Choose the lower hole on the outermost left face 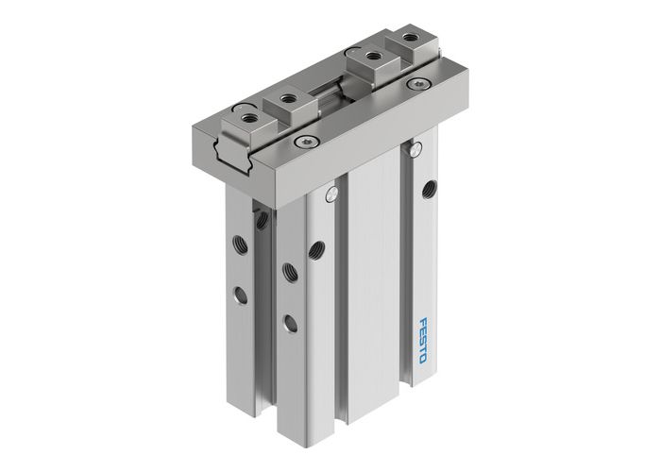(243, 296)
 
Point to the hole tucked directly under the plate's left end (261, 221)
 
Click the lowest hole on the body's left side (291, 323)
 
